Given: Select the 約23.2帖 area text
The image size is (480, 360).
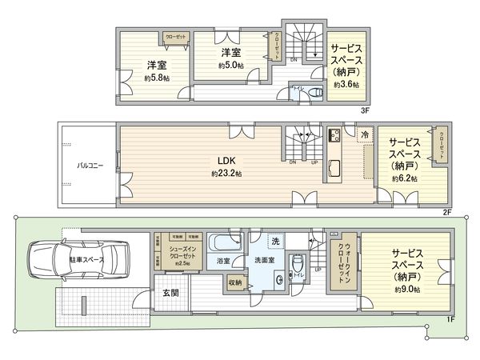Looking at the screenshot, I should coord(226,174).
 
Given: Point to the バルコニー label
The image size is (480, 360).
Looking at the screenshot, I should coord(87,166).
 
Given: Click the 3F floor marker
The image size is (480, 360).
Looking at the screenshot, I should coord(364,110).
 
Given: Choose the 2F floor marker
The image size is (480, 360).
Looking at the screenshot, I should coord(448,213).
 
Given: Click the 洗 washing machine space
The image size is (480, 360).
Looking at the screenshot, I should coord(274,242).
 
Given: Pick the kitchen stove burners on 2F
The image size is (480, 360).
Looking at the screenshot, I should coord(333,135).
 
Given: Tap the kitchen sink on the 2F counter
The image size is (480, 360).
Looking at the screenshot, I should coord(334,169).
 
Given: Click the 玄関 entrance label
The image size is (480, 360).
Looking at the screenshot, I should coord(171,292).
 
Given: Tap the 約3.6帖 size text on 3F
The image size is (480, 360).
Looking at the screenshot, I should coord(345,84).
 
